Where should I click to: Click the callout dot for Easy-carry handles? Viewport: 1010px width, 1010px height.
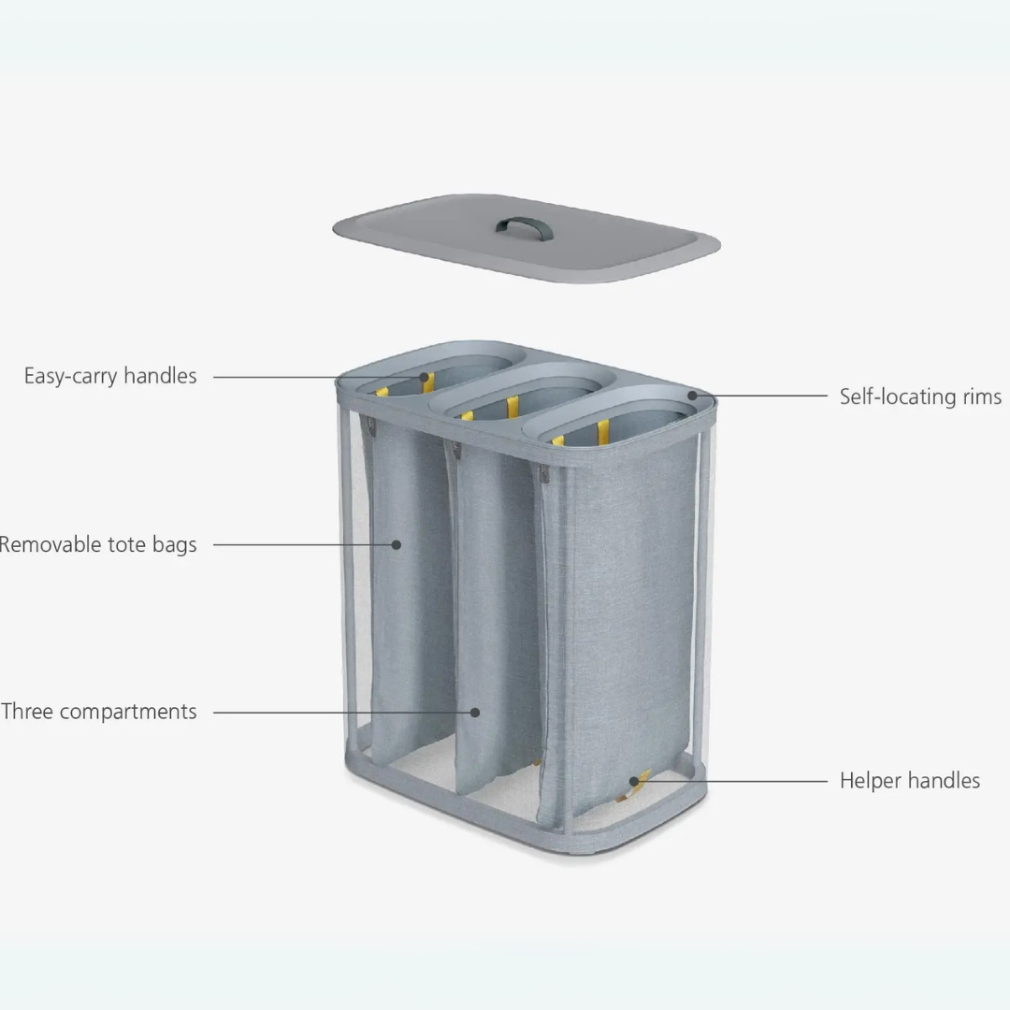tap(426, 378)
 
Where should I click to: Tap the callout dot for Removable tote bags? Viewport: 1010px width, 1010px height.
tap(397, 544)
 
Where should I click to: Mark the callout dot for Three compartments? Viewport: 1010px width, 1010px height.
tap(475, 712)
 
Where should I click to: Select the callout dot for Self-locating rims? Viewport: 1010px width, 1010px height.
tap(693, 396)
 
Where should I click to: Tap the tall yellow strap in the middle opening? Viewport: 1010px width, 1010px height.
tap(512, 408)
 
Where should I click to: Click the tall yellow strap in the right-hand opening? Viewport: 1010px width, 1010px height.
tap(603, 431)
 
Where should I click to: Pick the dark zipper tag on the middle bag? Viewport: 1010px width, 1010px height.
tap(457, 451)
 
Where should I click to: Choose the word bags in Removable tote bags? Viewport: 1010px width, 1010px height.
tap(174, 544)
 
